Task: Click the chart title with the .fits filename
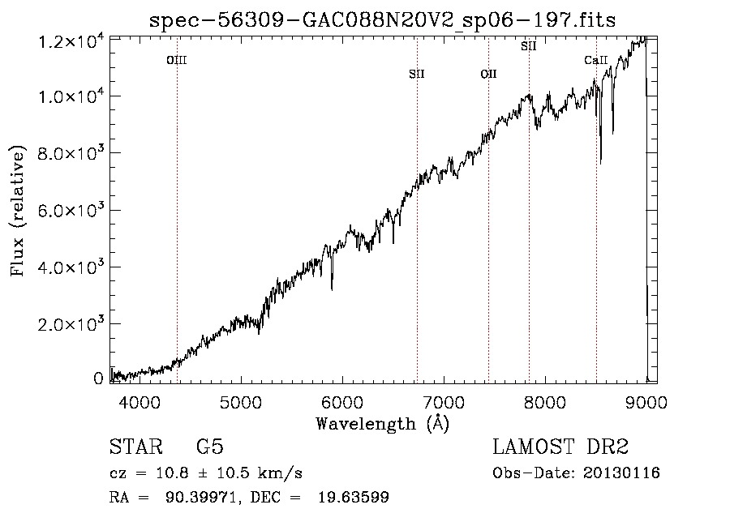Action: [x=382, y=20]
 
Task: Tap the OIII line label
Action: [x=177, y=60]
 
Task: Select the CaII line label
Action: [x=596, y=60]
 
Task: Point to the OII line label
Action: [x=488, y=74]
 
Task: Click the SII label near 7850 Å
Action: [x=528, y=46]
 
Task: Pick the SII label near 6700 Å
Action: [x=417, y=74]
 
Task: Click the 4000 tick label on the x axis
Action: [x=140, y=402]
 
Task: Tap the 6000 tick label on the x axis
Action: [x=342, y=402]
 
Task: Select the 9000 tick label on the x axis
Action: [x=646, y=402]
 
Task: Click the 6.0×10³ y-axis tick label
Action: [x=68, y=210]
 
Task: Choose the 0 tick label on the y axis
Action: [x=98, y=378]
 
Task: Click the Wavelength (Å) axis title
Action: [x=383, y=424]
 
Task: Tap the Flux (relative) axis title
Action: [x=17, y=211]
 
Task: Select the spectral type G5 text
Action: [x=210, y=447]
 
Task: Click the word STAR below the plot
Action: [x=136, y=447]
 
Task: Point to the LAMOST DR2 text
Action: [x=560, y=447]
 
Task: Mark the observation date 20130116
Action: [x=621, y=473]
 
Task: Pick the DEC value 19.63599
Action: [x=354, y=497]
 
